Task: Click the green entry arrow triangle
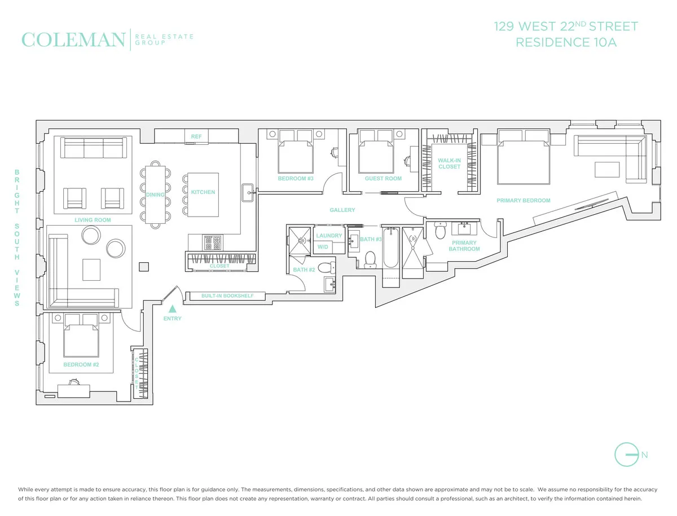click(x=173, y=308)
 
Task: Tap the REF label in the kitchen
click(x=196, y=136)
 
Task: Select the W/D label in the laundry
click(x=323, y=247)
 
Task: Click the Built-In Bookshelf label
click(x=227, y=296)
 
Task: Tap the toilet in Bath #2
click(x=324, y=268)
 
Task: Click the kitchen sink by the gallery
click(x=248, y=192)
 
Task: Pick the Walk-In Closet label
click(x=449, y=164)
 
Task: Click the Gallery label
click(x=342, y=210)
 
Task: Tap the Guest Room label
click(x=383, y=179)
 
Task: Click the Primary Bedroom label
click(x=523, y=200)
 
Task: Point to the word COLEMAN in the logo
click(x=73, y=40)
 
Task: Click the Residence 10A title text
click(x=566, y=42)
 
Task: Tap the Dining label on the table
click(x=155, y=195)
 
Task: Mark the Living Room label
click(x=93, y=220)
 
